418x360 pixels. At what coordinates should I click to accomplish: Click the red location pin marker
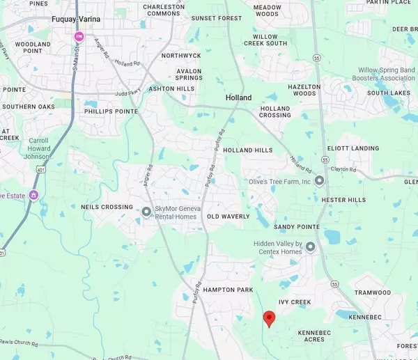269,319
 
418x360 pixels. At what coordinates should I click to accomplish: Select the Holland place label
238,97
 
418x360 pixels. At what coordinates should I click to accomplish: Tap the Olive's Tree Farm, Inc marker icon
319,181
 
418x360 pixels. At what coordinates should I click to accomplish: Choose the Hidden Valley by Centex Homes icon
310,247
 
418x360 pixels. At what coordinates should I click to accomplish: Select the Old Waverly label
228,217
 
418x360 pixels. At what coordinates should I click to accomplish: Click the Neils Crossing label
107,207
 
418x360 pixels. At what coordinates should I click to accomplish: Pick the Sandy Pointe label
296,227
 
